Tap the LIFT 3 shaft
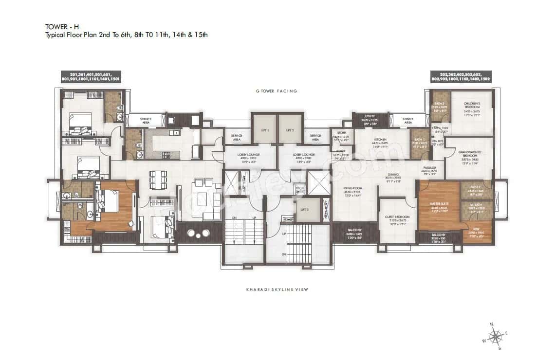coord(304,209)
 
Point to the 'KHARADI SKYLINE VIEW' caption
coord(277,289)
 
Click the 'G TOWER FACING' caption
coord(277,91)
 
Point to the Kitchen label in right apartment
coord(380,142)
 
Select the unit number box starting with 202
coord(460,76)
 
